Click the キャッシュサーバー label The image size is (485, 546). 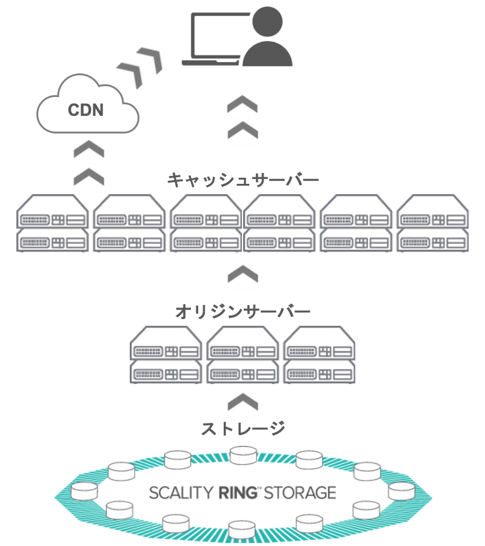click(x=242, y=180)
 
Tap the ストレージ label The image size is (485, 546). click(x=242, y=428)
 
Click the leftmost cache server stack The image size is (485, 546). click(x=53, y=223)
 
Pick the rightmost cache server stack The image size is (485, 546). click(x=432, y=223)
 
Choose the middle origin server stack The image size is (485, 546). click(x=242, y=355)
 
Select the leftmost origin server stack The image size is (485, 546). click(x=166, y=355)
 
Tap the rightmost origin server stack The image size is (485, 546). click(x=319, y=355)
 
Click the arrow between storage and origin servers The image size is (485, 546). click(x=242, y=401)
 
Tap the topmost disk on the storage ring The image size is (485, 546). click(x=243, y=454)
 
